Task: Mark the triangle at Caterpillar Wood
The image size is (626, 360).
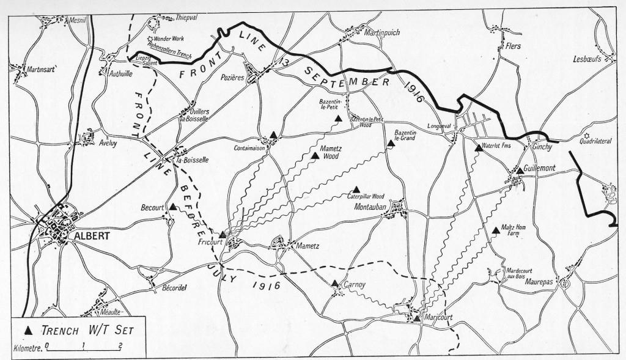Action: [x=356, y=189]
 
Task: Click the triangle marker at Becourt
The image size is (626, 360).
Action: [x=173, y=207]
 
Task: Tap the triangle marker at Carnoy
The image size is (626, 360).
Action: [x=335, y=283]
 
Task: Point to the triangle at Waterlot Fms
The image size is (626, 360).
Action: [x=479, y=147]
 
